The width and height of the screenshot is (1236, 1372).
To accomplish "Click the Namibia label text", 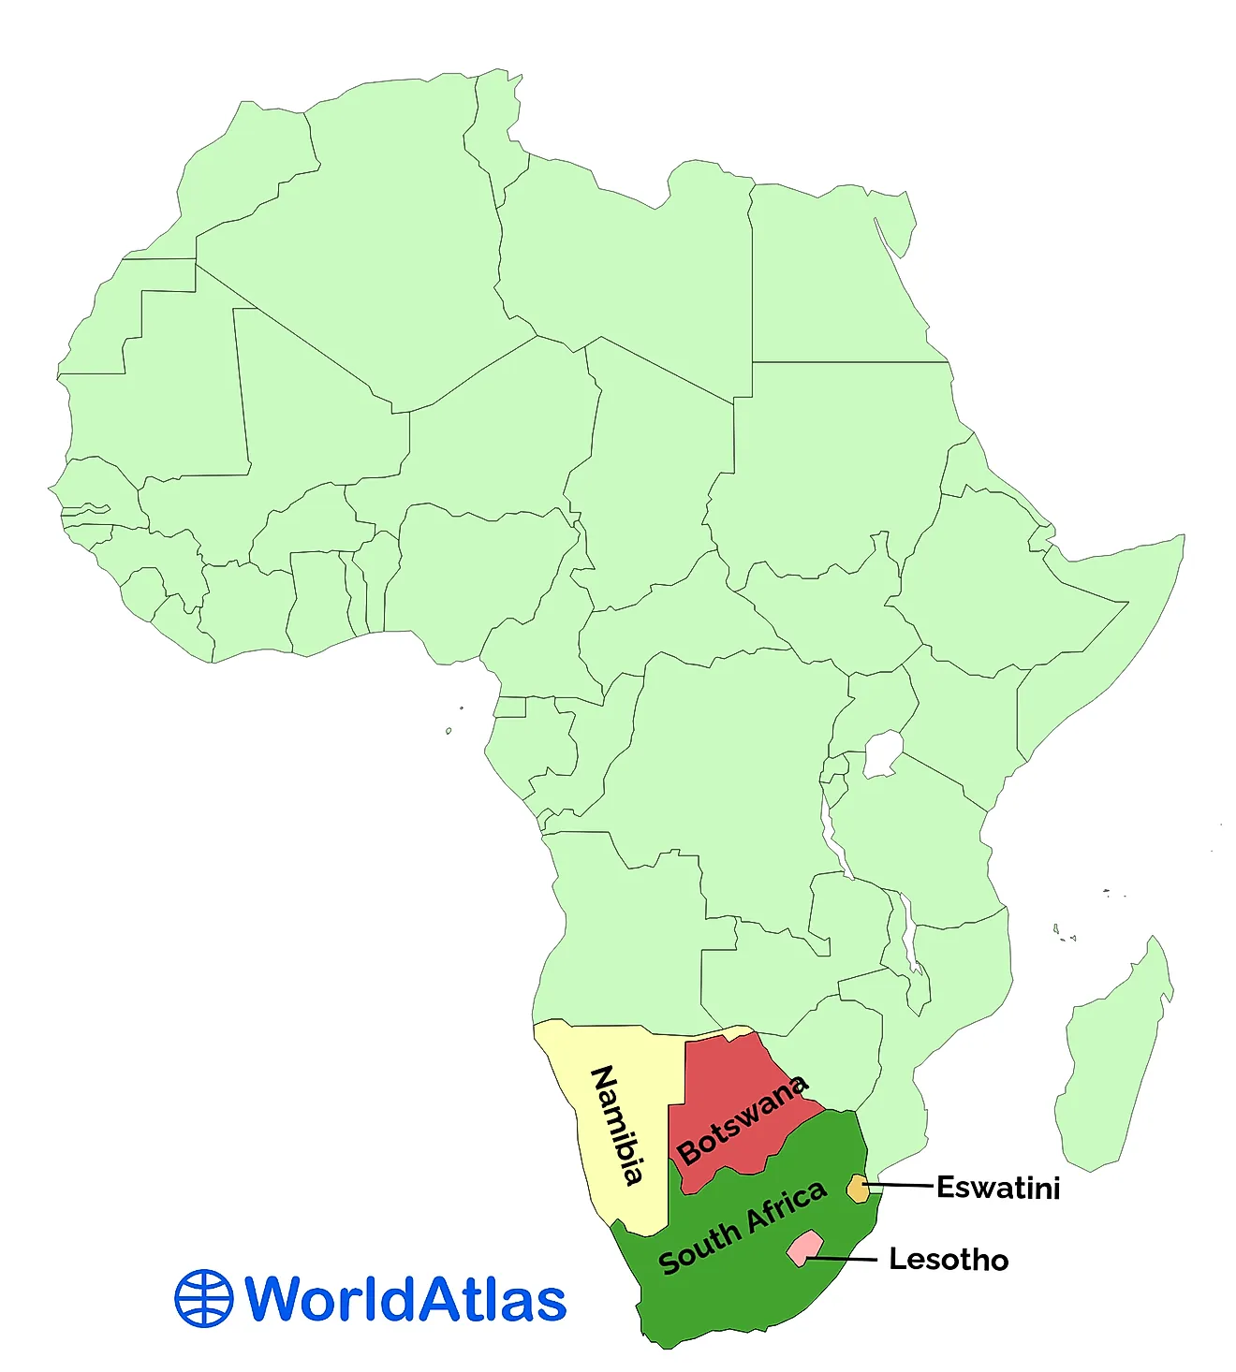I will [x=618, y=1126].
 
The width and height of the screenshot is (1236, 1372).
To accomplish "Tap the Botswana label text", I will [x=743, y=1120].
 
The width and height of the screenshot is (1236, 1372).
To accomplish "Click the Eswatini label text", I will [x=998, y=1188].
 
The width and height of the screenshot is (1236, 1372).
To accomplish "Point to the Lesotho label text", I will [x=949, y=1260].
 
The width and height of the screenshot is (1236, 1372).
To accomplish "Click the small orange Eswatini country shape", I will [x=857, y=1189].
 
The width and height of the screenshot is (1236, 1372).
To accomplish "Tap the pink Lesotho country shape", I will [x=803, y=1248].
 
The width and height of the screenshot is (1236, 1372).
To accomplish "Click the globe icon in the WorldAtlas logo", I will [x=203, y=1299].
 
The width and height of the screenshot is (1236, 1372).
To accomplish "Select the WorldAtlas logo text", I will [x=405, y=1299].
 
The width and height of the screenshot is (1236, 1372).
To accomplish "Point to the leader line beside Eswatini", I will [x=901, y=1187].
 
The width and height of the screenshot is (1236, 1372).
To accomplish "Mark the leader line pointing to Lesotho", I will [x=843, y=1260].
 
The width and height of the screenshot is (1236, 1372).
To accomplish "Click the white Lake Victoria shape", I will [x=882, y=755].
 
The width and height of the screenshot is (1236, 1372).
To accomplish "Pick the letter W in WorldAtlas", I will [x=276, y=1299].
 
